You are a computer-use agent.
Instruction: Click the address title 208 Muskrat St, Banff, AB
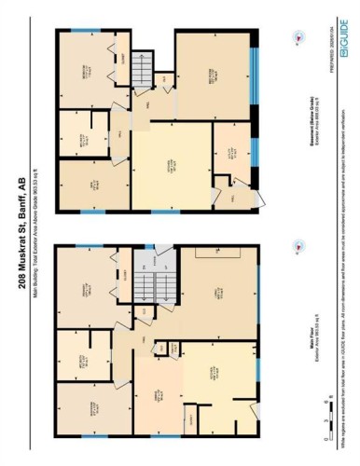[x=21, y=233]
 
